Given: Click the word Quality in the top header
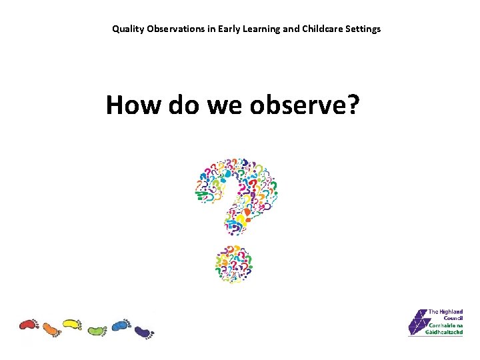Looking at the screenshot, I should [x=125, y=29].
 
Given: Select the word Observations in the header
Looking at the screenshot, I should [x=171, y=29].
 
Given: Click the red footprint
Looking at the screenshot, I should [x=29, y=325].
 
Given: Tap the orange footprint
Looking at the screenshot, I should [x=51, y=329].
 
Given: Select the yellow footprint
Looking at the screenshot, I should [x=72, y=325].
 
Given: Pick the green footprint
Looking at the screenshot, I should [x=97, y=329].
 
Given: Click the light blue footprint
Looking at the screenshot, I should [x=121, y=325].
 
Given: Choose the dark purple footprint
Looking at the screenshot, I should [x=143, y=331].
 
